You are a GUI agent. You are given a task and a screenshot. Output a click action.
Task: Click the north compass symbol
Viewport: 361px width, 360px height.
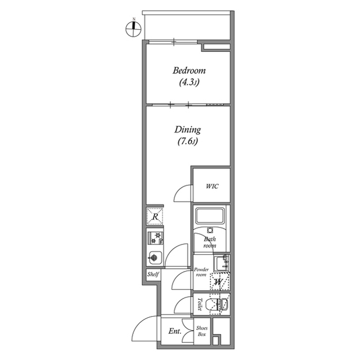point(133,29)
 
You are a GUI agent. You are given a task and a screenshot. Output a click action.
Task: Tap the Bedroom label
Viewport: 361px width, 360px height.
point(189,70)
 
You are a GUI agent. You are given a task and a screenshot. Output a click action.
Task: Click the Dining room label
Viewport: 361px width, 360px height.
point(187,130)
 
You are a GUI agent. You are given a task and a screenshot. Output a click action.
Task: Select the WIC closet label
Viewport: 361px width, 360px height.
point(212,186)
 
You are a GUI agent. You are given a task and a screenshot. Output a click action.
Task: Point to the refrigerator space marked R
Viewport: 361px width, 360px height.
point(155,216)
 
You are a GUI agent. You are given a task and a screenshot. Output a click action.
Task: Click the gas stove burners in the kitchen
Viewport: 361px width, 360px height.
point(155,238)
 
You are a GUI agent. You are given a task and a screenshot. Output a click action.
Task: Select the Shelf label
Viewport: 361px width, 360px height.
point(153,274)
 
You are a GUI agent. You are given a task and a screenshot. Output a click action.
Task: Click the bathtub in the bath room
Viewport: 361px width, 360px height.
point(209,215)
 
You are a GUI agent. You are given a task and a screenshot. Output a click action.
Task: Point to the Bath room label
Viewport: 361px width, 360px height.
point(210,242)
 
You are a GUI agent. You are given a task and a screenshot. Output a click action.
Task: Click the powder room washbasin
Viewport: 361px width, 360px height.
point(222,263)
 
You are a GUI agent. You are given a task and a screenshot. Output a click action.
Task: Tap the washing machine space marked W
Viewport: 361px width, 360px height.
point(219,281)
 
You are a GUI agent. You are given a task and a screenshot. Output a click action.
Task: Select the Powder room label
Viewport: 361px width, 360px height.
point(201,272)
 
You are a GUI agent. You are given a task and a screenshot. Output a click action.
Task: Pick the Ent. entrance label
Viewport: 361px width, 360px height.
point(175,331)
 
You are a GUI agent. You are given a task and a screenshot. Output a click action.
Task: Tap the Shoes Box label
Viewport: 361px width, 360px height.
point(202,331)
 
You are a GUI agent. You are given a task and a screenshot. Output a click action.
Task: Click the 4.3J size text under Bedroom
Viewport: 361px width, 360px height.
point(189,82)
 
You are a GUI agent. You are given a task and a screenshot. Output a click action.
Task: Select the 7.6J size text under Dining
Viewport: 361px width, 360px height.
point(188,142)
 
